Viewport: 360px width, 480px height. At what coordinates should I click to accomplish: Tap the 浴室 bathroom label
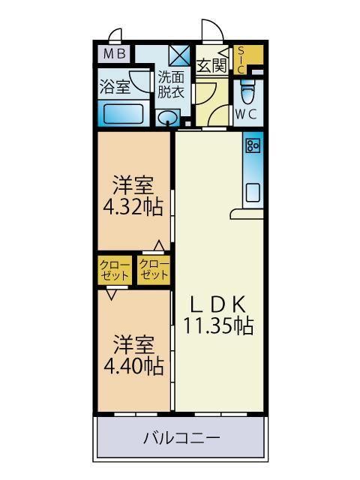pyautogui.click(x=115, y=85)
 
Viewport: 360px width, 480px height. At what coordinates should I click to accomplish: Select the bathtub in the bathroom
pyautogui.click(x=123, y=115)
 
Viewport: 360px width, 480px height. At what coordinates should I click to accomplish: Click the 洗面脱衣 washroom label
pyautogui.click(x=170, y=85)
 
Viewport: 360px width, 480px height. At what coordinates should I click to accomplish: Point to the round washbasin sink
pyautogui.click(x=169, y=118)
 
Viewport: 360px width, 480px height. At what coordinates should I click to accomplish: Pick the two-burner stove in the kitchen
pyautogui.click(x=253, y=144)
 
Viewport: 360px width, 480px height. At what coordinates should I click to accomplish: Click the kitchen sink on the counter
pyautogui.click(x=253, y=191)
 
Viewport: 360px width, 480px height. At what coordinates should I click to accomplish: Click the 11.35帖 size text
pyautogui.click(x=218, y=325)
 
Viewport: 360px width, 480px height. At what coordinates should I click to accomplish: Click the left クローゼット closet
pyautogui.click(x=115, y=269)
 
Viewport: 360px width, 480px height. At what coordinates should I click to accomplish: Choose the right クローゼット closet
pyautogui.click(x=154, y=269)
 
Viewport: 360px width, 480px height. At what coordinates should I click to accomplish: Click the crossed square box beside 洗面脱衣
pyautogui.click(x=181, y=56)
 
